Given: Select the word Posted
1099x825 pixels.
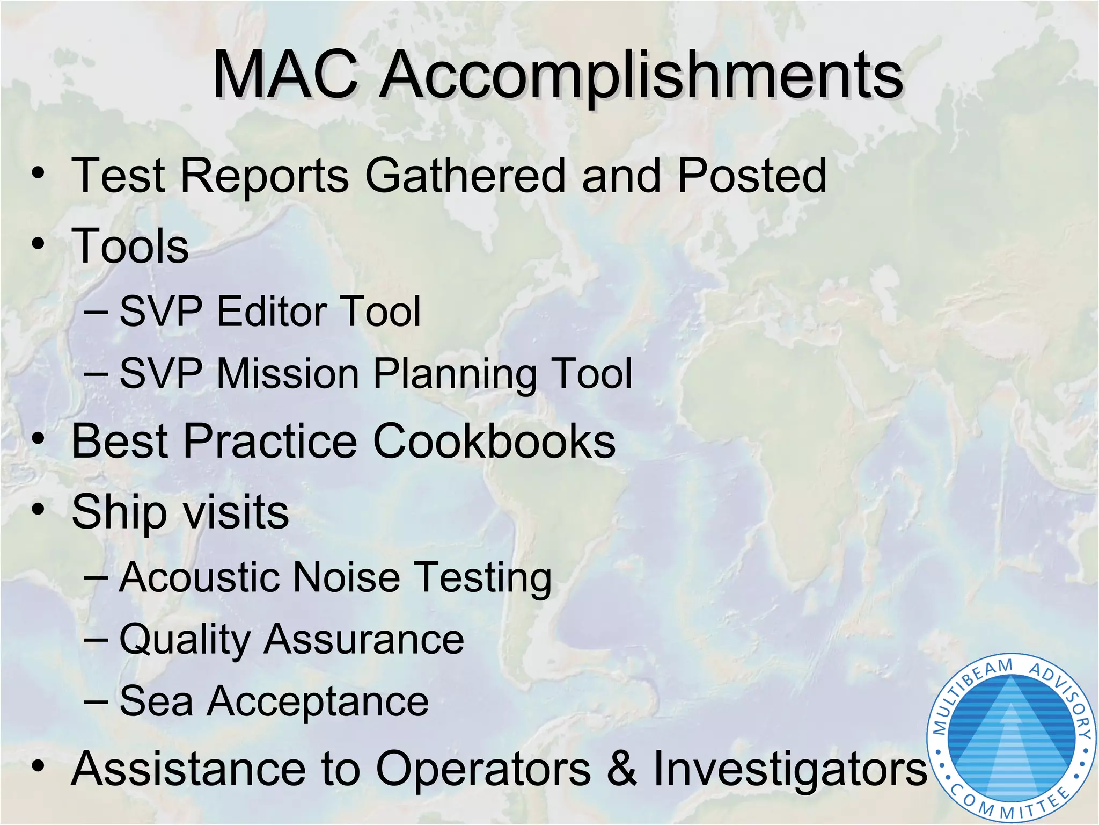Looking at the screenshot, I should (751, 176).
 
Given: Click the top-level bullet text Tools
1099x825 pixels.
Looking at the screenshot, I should (130, 246).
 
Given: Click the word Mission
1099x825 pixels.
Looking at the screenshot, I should (287, 373).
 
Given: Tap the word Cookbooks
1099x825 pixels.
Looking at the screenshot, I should (494, 442).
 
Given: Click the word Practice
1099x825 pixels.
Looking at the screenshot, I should (270, 442).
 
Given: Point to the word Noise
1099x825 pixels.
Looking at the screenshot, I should (347, 577).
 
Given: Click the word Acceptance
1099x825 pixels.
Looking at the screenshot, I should (318, 702).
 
